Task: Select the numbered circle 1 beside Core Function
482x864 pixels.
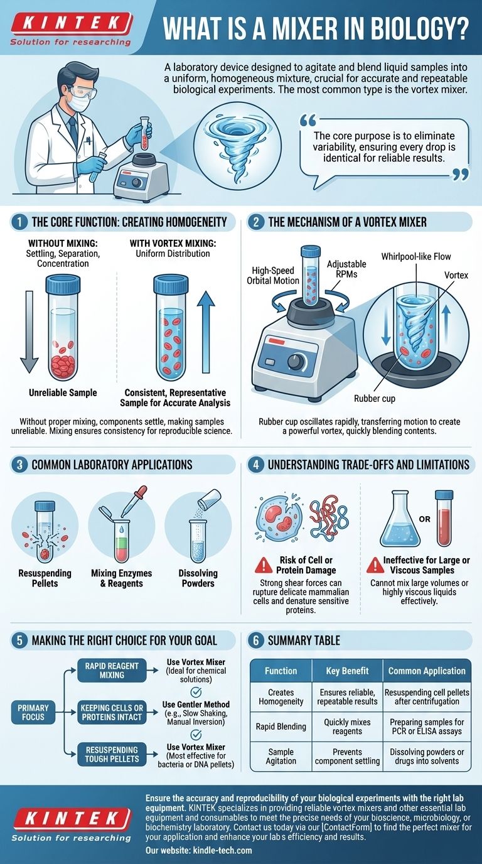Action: coord(19,221)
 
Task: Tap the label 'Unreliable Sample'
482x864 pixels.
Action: coord(63,393)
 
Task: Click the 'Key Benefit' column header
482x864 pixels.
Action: coord(347,671)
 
